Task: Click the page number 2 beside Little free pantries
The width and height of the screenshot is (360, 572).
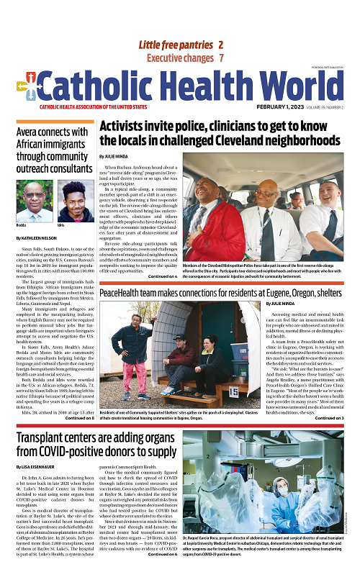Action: pos(220,45)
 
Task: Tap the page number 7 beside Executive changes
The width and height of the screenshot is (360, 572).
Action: pos(221,58)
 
